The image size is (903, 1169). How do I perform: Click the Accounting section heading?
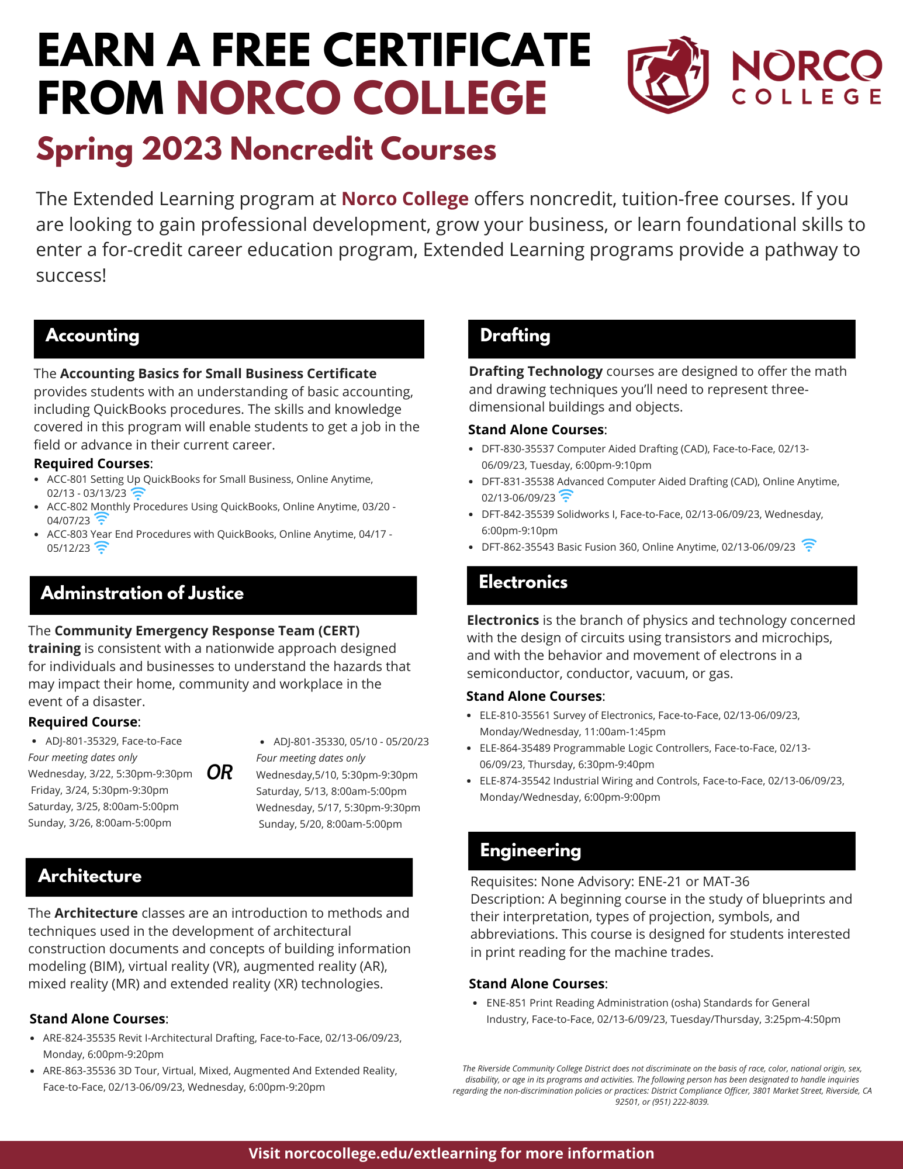(x=92, y=336)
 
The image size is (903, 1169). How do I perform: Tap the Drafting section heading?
(x=515, y=336)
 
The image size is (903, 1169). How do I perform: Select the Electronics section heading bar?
(x=662, y=584)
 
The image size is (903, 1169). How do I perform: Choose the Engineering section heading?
(x=530, y=850)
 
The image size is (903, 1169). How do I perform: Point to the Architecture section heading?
(x=90, y=876)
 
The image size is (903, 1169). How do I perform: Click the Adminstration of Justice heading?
(x=142, y=593)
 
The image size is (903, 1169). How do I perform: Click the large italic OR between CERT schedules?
(x=220, y=772)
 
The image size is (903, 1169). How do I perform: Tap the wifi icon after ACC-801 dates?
(x=138, y=493)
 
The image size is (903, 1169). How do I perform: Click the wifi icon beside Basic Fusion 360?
(x=809, y=545)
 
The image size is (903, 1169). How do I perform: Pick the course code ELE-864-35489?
(x=514, y=748)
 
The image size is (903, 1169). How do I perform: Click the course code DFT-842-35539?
(x=517, y=514)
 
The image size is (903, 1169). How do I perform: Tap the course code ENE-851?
(x=506, y=1003)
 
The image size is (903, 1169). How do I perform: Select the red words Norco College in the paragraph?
(x=405, y=199)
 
